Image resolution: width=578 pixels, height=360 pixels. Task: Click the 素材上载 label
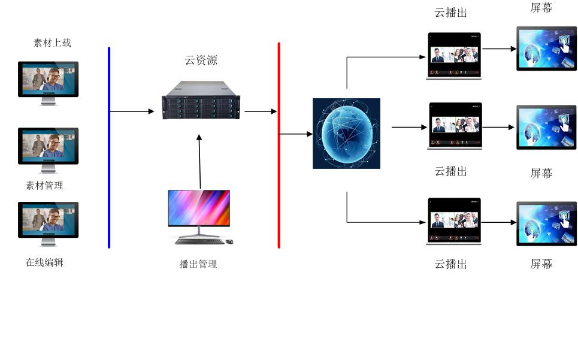52,43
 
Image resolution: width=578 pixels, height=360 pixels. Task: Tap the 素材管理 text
44,186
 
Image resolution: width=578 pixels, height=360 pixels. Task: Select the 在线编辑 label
44,262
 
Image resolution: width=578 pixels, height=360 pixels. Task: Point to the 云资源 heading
201,60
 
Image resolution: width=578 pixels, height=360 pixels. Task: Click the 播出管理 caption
198,264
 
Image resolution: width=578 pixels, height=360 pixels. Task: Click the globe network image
346,133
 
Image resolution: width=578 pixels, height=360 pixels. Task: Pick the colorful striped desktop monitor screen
199,207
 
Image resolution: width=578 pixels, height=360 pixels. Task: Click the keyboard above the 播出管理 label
199,241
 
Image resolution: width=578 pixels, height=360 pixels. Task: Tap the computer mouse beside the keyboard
229,241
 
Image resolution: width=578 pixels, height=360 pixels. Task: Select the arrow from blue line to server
132,111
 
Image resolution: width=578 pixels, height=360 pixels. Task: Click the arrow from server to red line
261,111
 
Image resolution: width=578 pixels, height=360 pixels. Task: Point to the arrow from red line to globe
296,134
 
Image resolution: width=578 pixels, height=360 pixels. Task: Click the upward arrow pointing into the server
199,162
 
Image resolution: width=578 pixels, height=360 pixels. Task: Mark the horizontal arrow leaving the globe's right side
410,127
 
